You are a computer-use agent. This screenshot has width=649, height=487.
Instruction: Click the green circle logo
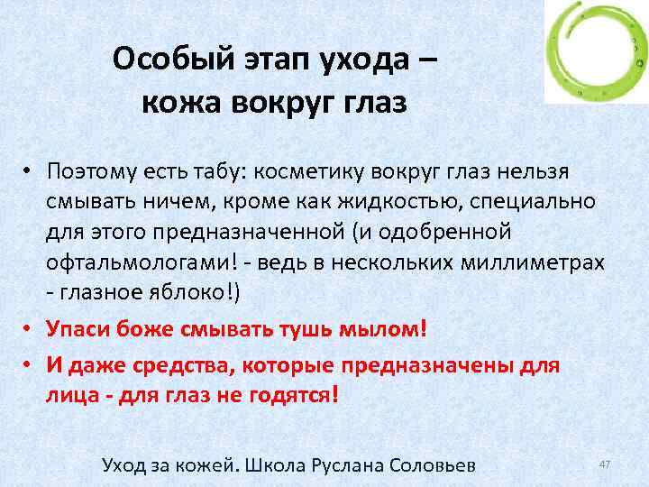point(596,52)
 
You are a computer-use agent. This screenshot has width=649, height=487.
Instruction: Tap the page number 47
point(605,464)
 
